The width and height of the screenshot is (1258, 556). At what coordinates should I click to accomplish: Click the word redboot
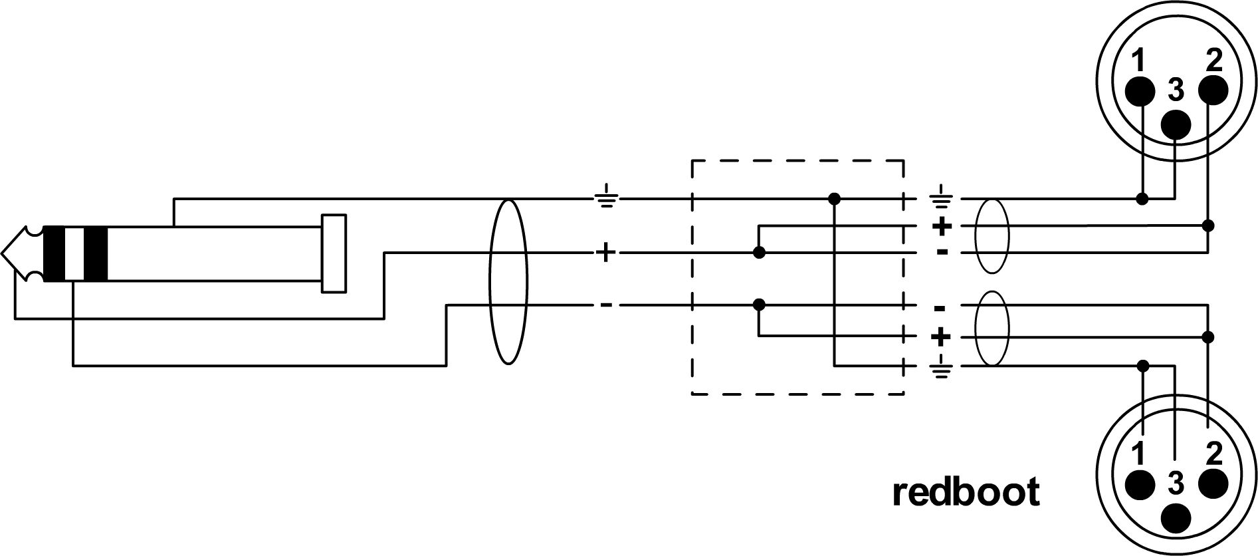966,492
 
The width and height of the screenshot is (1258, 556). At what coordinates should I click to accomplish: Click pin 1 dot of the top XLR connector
1140,90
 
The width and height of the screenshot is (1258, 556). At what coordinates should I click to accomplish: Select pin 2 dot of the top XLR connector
1213,90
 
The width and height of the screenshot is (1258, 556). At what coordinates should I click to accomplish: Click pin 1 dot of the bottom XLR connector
1140,486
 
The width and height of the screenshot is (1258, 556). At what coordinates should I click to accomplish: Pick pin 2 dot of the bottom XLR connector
1213,486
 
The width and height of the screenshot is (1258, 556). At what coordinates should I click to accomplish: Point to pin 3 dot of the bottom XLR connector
1176,519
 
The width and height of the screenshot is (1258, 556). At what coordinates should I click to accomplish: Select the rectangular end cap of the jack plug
334,253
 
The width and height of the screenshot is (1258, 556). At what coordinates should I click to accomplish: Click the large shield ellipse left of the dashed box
508,282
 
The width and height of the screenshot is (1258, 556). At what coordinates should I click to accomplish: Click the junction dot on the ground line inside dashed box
835,198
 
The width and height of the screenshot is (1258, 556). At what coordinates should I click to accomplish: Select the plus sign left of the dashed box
605,253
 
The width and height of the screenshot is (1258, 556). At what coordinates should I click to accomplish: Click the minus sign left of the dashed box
606,305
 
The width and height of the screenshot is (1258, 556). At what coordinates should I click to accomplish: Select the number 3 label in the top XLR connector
1176,90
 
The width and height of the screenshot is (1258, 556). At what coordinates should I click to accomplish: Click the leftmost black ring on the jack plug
54,253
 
